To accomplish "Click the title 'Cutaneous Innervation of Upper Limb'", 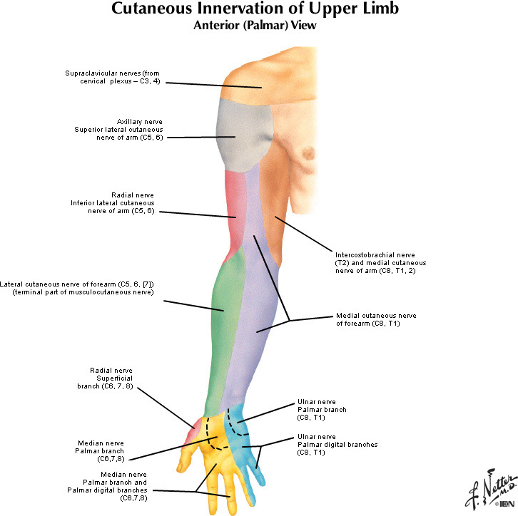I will pyautogui.click(x=259, y=10).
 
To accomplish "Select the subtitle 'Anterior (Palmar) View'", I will pyautogui.click(x=259, y=25).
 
